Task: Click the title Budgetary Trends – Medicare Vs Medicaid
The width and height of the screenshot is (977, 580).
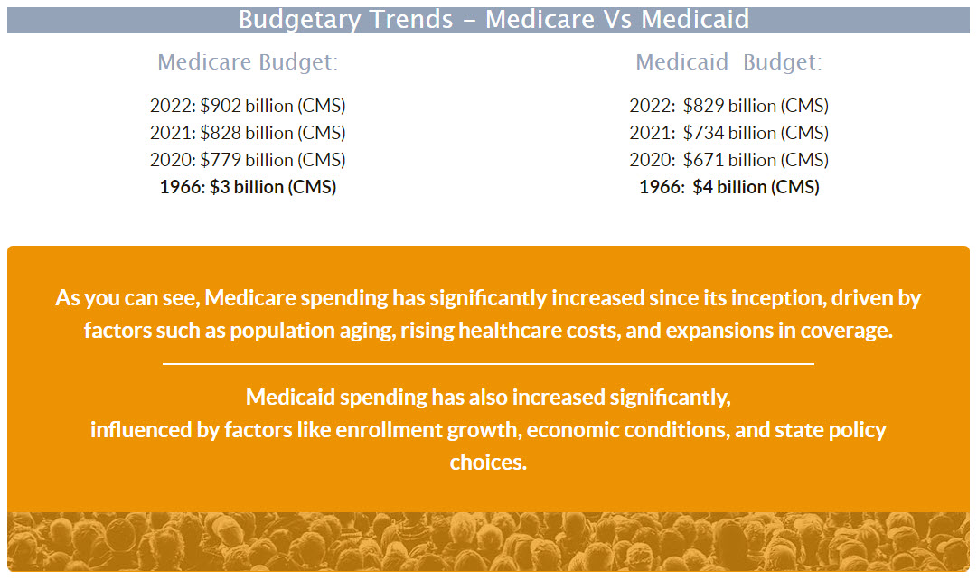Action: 493,20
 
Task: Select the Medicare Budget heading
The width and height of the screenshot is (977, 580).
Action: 248,62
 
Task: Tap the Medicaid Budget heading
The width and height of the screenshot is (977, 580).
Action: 728,62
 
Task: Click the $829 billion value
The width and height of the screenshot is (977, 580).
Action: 728,106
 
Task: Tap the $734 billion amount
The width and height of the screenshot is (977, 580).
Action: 728,133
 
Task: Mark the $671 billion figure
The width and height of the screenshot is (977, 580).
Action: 728,160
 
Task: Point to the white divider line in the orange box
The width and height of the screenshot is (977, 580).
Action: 488,363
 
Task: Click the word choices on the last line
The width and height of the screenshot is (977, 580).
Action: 488,462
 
